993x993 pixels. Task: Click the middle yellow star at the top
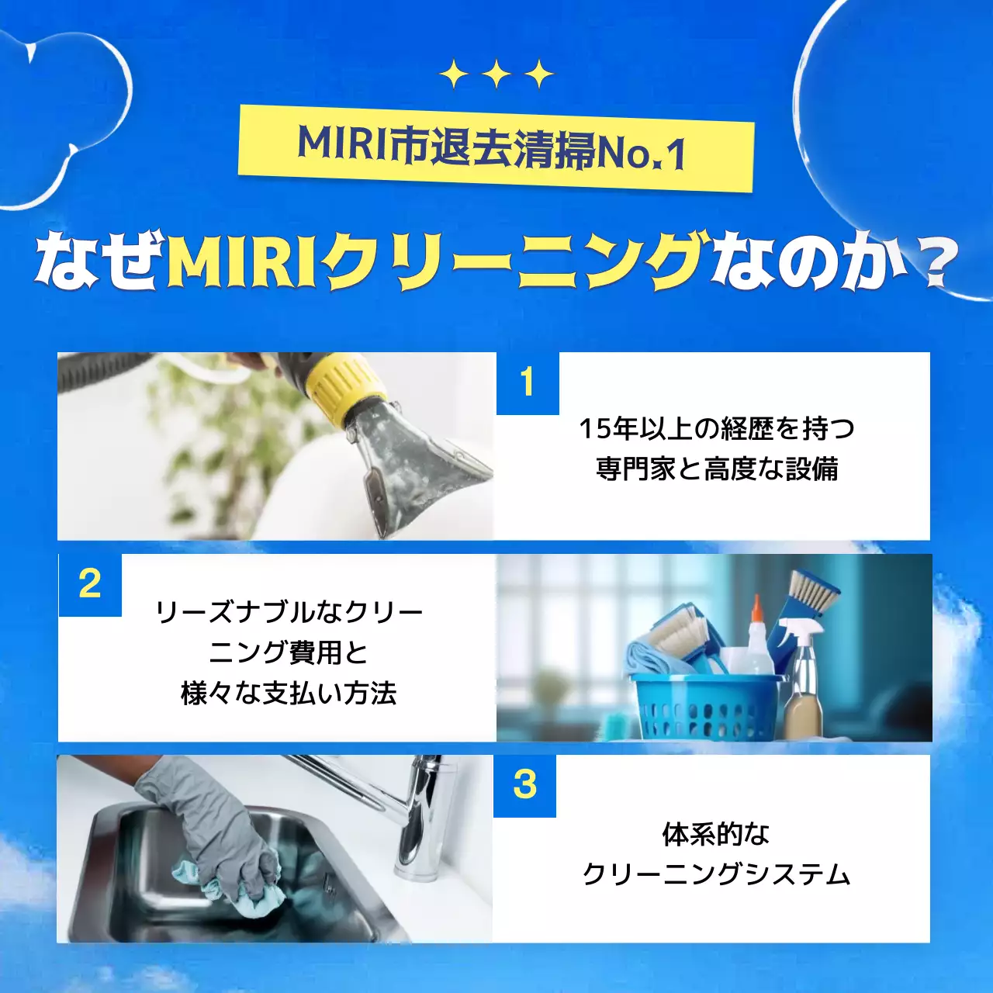click(496, 74)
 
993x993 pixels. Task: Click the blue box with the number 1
click(528, 383)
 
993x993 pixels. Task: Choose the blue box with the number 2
click(90, 585)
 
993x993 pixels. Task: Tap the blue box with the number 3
click(525, 785)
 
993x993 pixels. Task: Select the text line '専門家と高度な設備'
click(717, 469)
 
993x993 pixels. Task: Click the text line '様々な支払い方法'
click(289, 693)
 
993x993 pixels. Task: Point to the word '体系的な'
click(715, 834)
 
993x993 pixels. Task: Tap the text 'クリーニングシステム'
click(717, 874)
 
